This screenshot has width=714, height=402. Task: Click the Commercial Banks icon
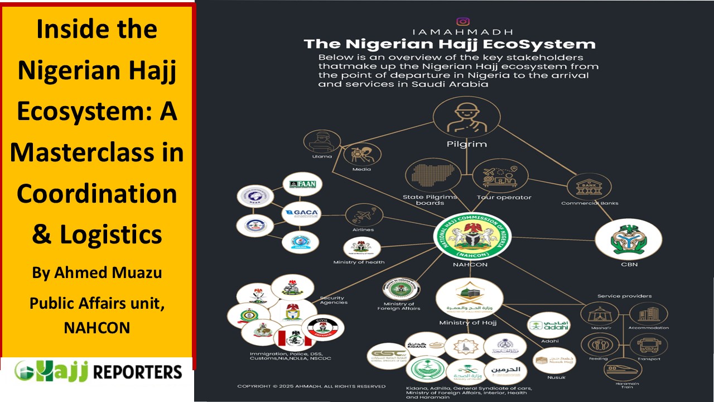(590, 187)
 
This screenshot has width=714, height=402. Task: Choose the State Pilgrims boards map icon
(430, 175)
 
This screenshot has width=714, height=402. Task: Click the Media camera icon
(362, 154)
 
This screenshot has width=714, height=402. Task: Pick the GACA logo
(301, 213)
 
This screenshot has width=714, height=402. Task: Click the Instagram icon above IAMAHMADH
(463, 22)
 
